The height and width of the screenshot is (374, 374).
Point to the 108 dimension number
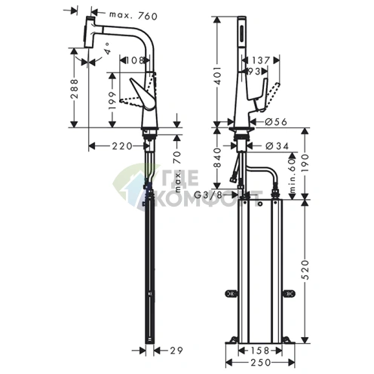tap(135, 59)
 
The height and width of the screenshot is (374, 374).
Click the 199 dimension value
tap(112, 93)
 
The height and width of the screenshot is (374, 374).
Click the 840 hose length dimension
tap(218, 157)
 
